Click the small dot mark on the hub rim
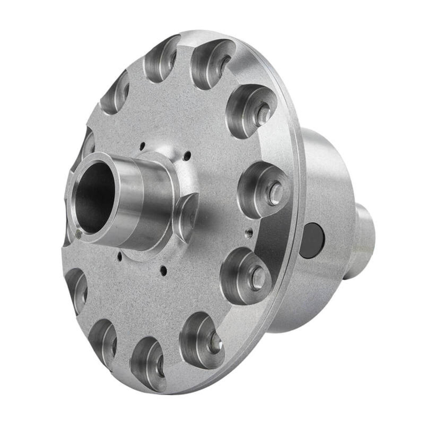(79, 234)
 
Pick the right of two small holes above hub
(188, 154)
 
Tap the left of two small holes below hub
(120, 256)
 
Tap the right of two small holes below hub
(163, 268)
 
